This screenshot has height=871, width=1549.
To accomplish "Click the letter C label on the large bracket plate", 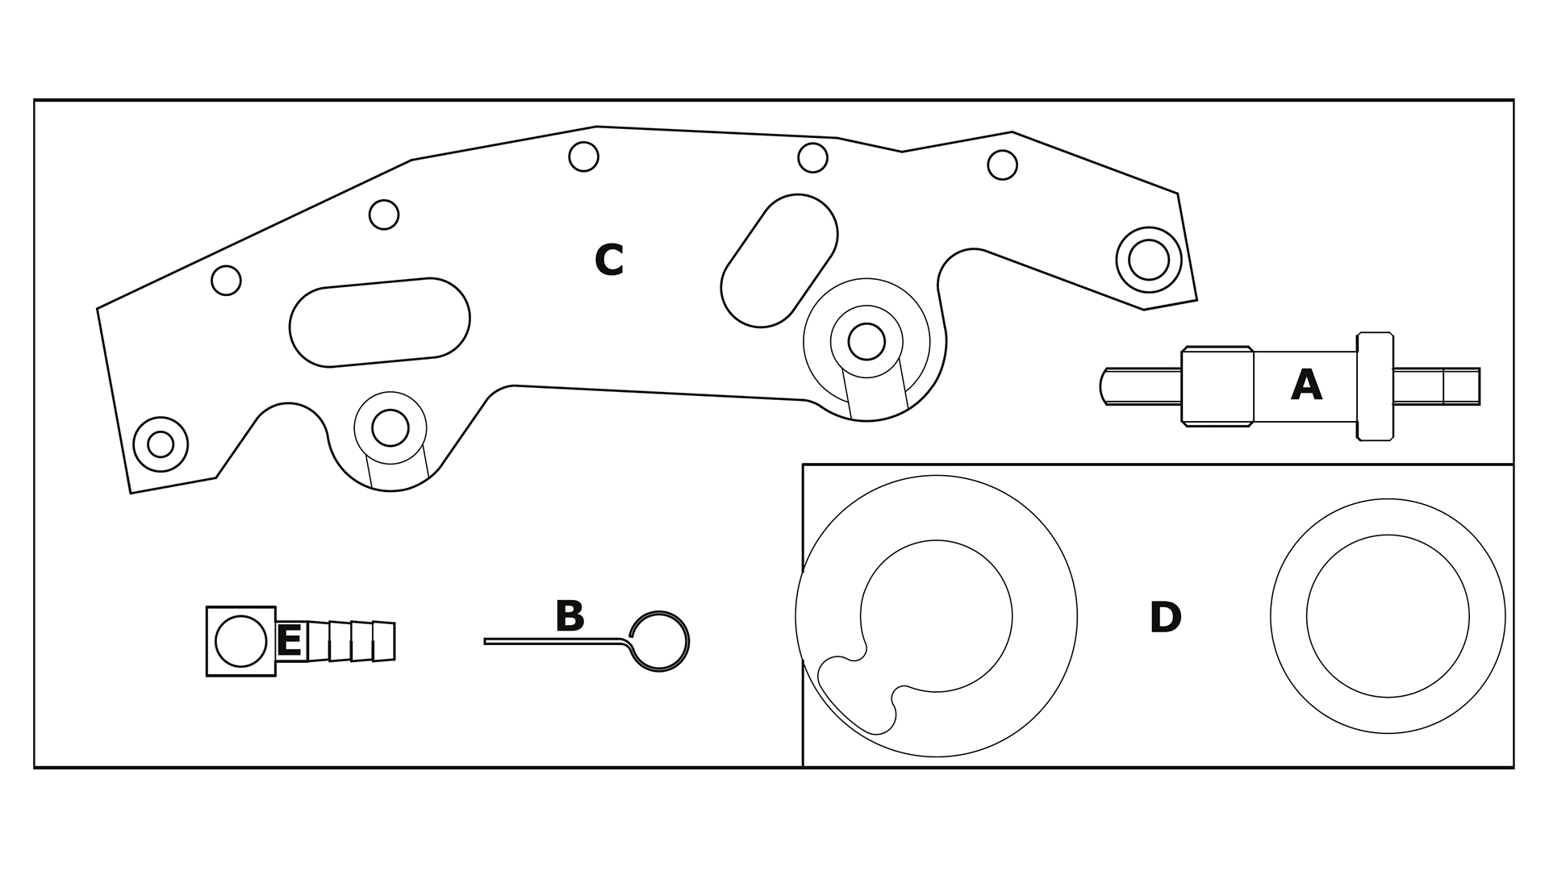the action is [609, 260].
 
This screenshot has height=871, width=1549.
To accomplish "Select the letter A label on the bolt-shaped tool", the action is [1306, 385].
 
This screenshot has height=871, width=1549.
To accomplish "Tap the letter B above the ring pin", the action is [570, 616].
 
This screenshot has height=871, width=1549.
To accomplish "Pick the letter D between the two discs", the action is [1165, 618].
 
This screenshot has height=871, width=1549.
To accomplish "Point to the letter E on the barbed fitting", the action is [289, 642].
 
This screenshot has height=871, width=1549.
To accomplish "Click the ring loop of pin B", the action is [659, 642].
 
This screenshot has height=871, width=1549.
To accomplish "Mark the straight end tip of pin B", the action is [485, 641].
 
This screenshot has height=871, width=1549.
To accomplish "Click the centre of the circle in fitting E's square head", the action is [241, 641].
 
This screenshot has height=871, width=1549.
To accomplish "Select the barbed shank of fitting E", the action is [336, 641].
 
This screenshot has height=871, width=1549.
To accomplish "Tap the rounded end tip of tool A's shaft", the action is [1100, 385].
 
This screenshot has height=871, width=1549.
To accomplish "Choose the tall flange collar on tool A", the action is [1376, 386].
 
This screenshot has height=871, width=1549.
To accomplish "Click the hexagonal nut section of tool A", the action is [1217, 386].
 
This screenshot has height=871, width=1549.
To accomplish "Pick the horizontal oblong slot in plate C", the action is [380, 322].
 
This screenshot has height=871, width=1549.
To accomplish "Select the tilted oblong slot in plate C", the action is [779, 260].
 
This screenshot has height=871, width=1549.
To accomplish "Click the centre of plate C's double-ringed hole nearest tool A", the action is [1149, 260].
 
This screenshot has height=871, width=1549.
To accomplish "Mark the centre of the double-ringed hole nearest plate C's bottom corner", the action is [161, 444].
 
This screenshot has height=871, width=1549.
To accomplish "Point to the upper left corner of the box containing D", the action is [803, 465].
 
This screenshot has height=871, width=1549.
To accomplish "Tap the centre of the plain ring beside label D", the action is [1388, 616].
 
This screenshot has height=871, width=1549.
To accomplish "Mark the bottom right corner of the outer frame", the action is [1514, 767].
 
